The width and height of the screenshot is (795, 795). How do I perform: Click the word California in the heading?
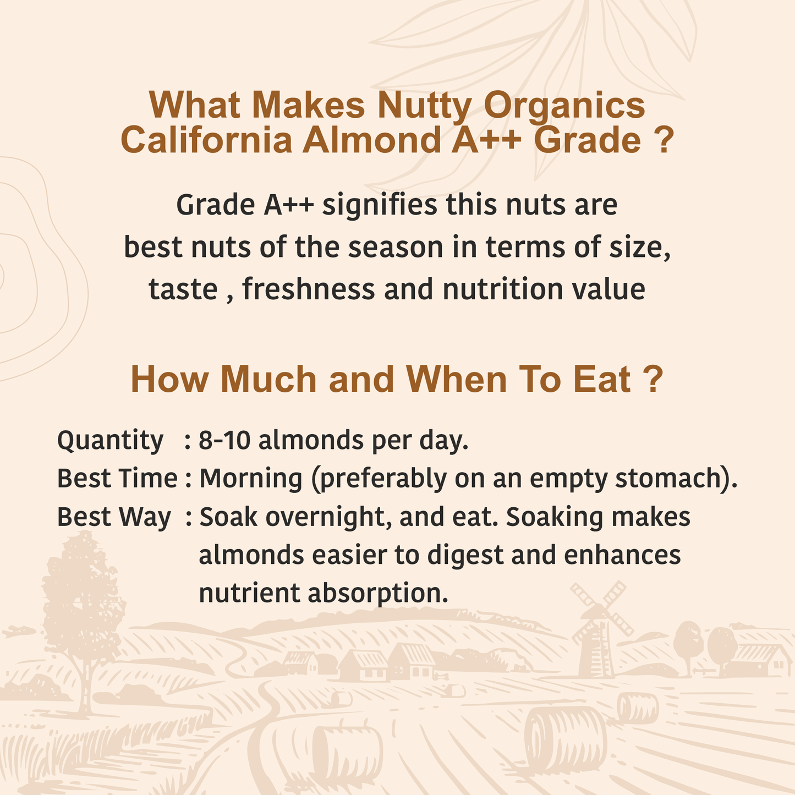click(206, 140)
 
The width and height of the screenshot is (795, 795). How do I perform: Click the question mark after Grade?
click(664, 140)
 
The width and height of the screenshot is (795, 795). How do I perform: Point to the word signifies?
click(380, 205)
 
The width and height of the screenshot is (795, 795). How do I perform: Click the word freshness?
click(309, 289)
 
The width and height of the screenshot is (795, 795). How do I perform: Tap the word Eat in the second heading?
click(602, 380)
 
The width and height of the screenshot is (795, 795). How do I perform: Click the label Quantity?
click(111, 441)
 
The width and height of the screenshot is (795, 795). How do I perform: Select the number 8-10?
click(224, 440)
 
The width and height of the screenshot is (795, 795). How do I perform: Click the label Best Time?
click(117, 479)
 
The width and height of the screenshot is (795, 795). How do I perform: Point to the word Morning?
click(251, 479)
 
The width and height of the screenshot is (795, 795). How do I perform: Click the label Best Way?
click(114, 517)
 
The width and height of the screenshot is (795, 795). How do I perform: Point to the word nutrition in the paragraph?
click(503, 289)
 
